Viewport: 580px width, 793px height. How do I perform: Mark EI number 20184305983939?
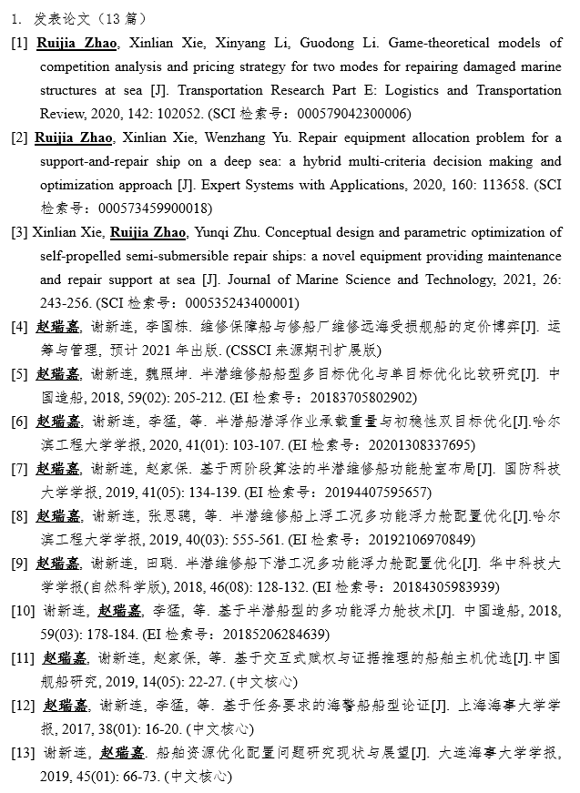(439, 587)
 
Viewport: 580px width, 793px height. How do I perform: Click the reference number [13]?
(24, 753)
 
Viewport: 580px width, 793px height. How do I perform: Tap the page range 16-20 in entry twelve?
(158, 729)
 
